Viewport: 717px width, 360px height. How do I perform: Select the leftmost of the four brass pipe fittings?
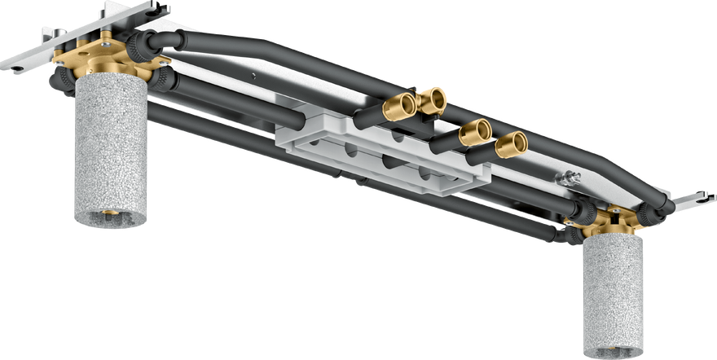click(x=400, y=107)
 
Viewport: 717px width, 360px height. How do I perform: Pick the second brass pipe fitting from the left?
click(x=431, y=100)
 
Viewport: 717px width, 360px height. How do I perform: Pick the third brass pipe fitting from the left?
click(x=475, y=133)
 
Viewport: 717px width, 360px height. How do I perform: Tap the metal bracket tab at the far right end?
click(x=697, y=199)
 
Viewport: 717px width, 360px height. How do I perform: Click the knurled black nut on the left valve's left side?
click(x=59, y=79)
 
